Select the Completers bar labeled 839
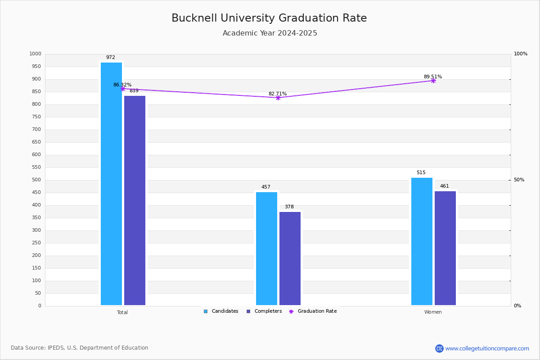pyautogui.click(x=135, y=200)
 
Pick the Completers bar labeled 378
pyautogui.click(x=290, y=258)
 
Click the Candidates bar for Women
pyautogui.click(x=422, y=241)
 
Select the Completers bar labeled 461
pyautogui.click(x=445, y=248)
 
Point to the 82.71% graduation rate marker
pyautogui.click(x=278, y=98)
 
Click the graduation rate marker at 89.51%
pyautogui.click(x=433, y=81)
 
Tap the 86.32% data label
pyautogui.click(x=122, y=85)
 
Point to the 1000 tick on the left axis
pyautogui.click(x=35, y=54)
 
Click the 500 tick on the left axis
pyautogui.click(x=36, y=180)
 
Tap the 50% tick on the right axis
pyautogui.click(x=519, y=180)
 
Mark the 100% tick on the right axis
pyautogui.click(x=520, y=54)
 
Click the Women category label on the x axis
pyautogui.click(x=433, y=312)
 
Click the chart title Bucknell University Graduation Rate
pyautogui.click(x=269, y=18)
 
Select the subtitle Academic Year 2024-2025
pyautogui.click(x=270, y=33)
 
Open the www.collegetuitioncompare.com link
pyautogui.click(x=487, y=348)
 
